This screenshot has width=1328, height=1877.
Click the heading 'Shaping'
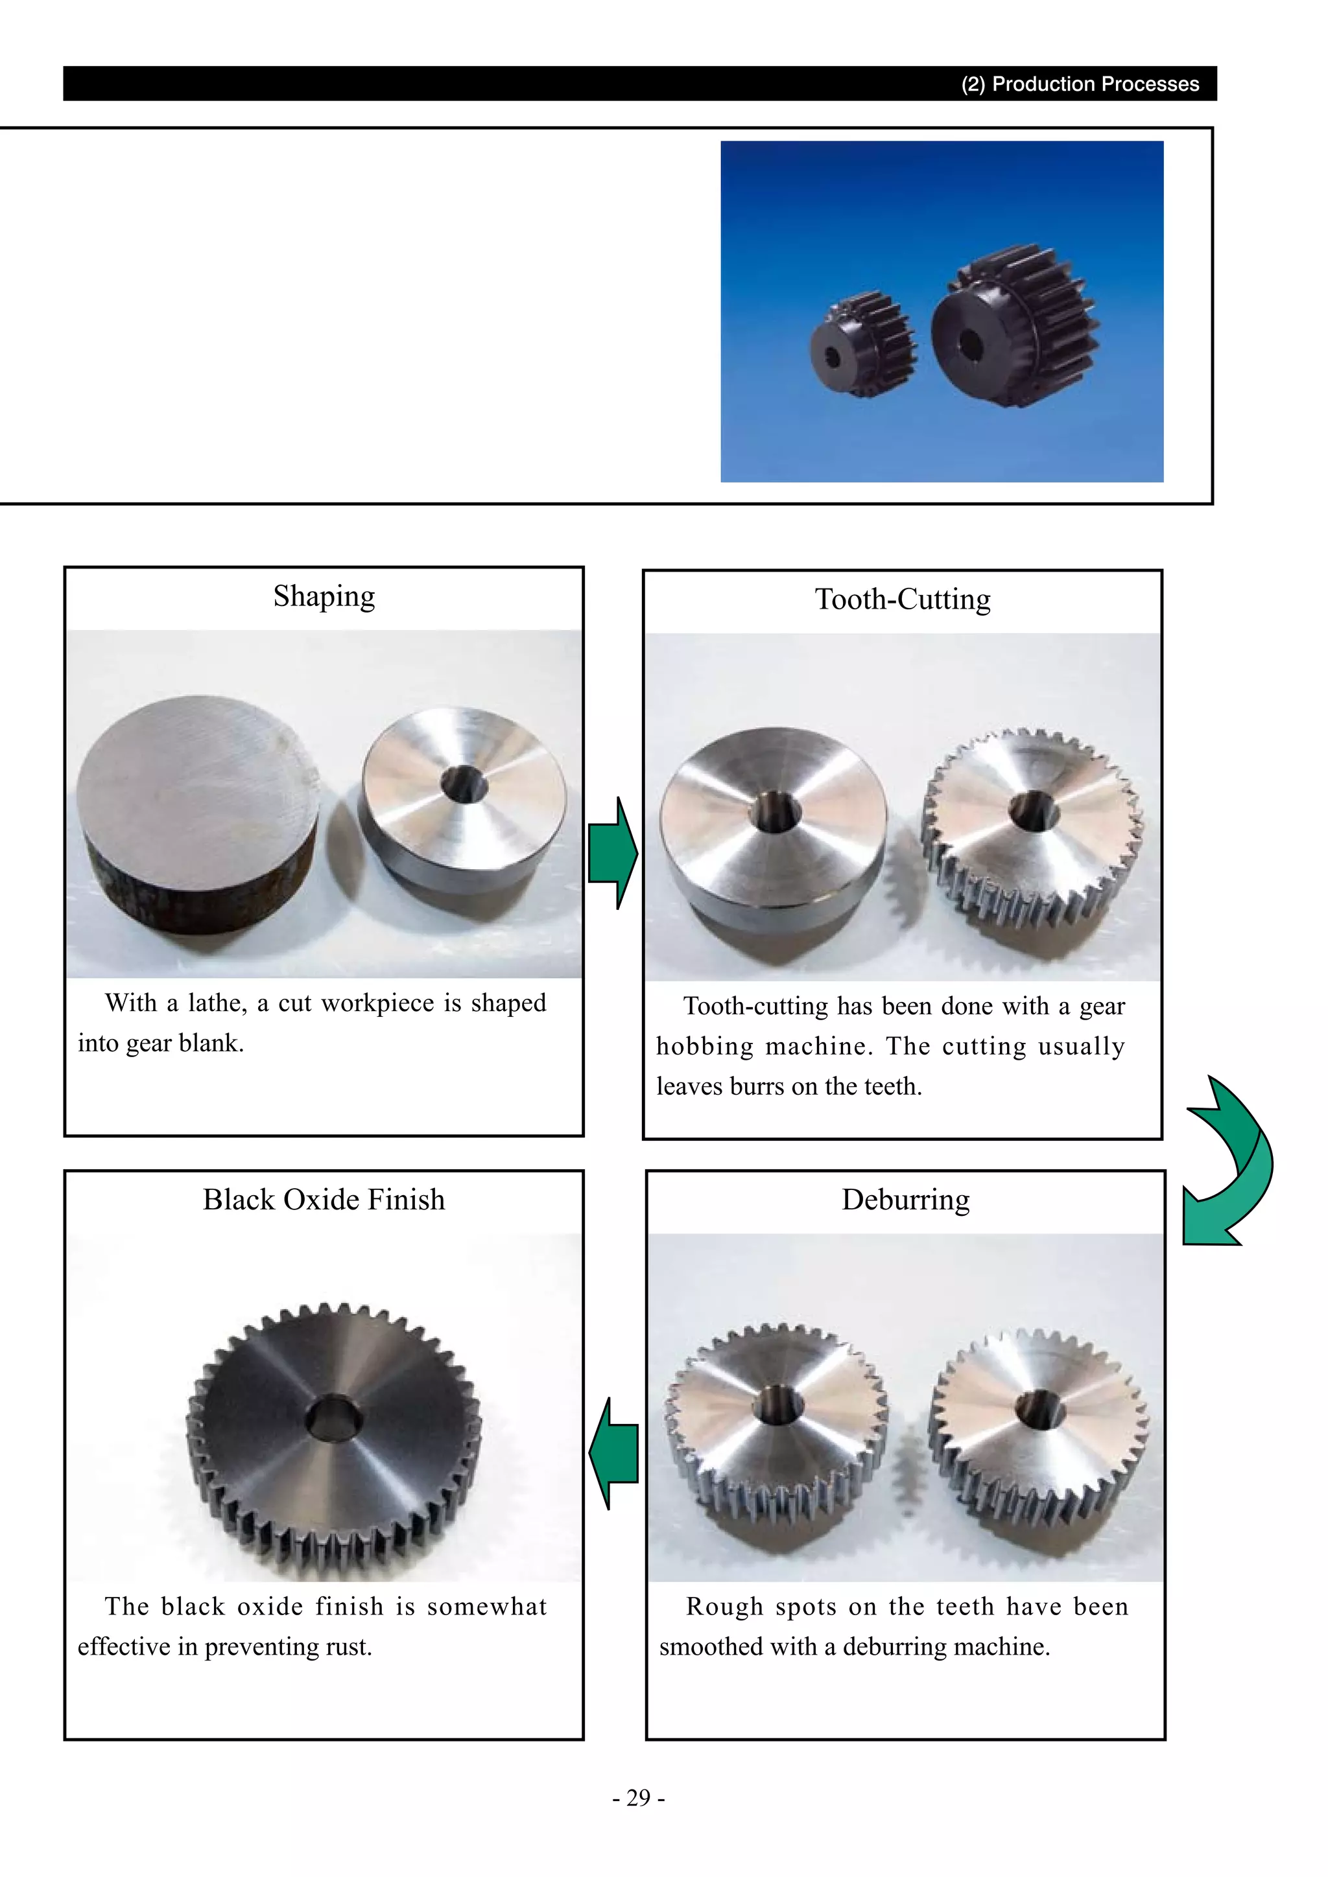(324, 596)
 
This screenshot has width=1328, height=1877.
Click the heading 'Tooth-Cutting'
(902, 600)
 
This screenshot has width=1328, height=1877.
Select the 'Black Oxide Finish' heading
(324, 1199)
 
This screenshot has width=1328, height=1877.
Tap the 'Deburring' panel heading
(905, 1199)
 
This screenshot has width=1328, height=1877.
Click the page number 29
(638, 1798)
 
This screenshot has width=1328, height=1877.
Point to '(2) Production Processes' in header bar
(1080, 84)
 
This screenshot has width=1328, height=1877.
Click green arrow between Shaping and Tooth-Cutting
(613, 853)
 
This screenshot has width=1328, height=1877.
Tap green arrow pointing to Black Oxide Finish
(613, 1452)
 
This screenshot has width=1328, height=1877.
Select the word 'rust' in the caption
(348, 1646)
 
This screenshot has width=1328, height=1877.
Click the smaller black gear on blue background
(862, 344)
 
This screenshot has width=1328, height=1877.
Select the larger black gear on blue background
(1014, 327)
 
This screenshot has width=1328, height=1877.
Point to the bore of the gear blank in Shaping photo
(464, 785)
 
